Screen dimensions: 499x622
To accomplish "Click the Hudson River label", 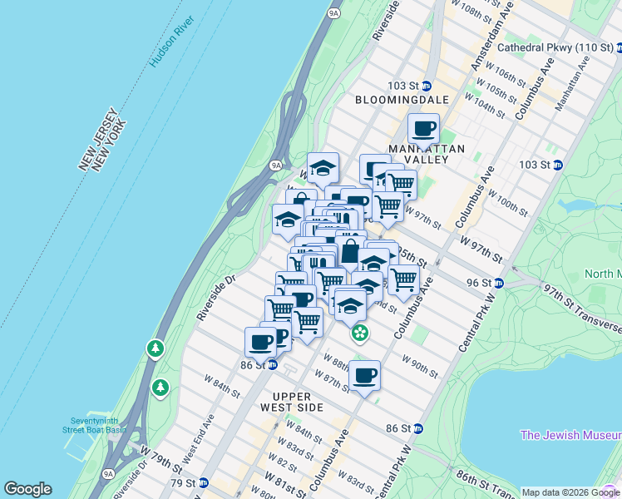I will [x=172, y=39].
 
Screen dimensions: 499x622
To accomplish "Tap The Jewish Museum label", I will [x=570, y=435].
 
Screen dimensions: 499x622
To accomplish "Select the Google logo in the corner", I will [x=27, y=489].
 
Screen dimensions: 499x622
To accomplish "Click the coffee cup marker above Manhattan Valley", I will [x=424, y=129].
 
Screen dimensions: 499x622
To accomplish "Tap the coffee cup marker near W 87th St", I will [x=364, y=376].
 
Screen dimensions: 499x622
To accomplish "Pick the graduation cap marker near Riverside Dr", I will [x=288, y=220].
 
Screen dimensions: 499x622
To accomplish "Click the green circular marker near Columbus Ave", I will [x=359, y=333].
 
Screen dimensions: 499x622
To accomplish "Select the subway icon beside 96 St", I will [x=498, y=283].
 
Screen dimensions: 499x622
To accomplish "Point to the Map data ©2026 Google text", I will [x=570, y=492].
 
